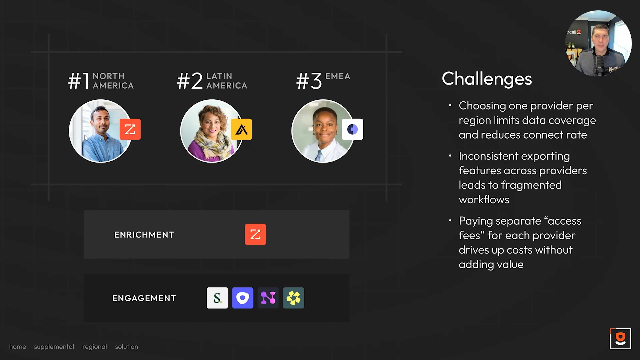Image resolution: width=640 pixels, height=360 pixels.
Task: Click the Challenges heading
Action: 487,79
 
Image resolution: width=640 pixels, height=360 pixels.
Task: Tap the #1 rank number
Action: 79,81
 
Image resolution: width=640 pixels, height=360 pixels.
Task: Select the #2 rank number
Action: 190,81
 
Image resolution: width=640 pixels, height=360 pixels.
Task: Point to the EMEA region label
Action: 338,76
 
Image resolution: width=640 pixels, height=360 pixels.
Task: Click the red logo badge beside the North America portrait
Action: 130,129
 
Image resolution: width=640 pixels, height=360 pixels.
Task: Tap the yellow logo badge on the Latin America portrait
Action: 241,129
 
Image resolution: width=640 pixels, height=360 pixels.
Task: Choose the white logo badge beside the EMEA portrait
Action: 352,129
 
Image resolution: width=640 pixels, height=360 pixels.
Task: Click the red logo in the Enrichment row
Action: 255,234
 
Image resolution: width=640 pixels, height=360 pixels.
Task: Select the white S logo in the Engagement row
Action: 217,298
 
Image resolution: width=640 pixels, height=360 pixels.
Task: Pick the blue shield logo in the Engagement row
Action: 243,298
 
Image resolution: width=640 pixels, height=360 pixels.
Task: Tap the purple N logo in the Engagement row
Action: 268,298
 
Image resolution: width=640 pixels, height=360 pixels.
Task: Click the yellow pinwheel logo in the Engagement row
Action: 293,298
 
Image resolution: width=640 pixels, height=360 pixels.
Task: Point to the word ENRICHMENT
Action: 144,235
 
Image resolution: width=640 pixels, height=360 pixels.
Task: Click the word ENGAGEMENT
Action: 144,298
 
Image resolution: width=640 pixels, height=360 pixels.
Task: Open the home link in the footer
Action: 17,347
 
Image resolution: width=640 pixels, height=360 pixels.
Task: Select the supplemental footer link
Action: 54,347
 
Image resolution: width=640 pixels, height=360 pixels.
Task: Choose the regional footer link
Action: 95,347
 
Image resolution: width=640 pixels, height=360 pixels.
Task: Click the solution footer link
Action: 127,347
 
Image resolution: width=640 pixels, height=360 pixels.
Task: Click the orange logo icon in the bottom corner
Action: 620,339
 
